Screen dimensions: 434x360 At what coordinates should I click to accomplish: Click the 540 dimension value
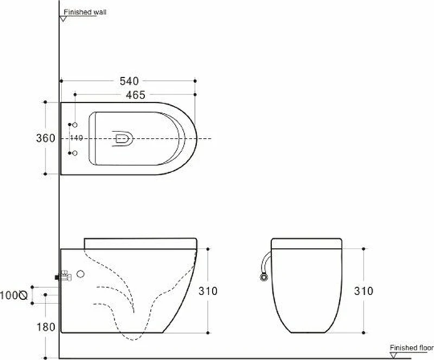(x=129, y=81)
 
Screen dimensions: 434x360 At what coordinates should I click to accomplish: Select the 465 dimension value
(x=135, y=95)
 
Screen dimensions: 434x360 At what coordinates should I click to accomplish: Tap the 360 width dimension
(x=46, y=138)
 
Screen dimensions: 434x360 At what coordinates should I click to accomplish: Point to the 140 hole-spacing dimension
(x=76, y=138)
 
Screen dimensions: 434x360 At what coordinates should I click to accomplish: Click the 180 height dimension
(x=46, y=327)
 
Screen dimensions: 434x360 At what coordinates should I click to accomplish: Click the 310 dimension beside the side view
(x=208, y=291)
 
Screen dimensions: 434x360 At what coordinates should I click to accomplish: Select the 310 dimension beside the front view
(x=363, y=291)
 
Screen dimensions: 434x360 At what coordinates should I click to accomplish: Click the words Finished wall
(x=85, y=12)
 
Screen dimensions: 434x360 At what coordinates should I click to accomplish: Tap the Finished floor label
(x=412, y=348)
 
